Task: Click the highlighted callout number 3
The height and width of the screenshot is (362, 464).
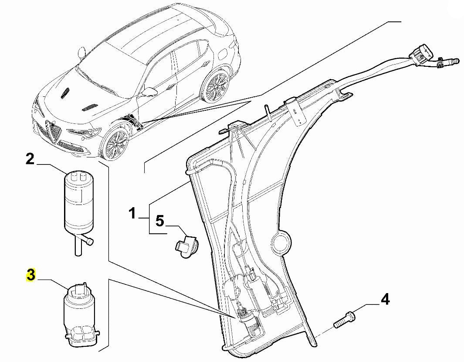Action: (x=30, y=275)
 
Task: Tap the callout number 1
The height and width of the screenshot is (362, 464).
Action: (x=132, y=214)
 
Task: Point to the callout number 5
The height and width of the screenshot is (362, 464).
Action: (x=160, y=221)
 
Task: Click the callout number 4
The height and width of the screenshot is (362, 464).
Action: (x=385, y=300)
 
